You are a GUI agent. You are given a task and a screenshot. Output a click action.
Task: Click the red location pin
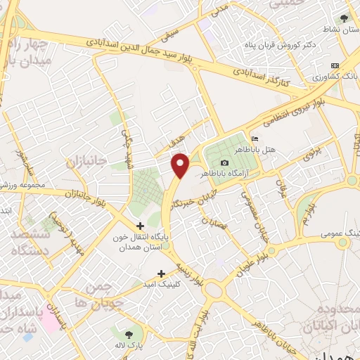pos(181,165)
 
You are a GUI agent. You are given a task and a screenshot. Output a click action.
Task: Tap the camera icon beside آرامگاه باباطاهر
pos(224,163)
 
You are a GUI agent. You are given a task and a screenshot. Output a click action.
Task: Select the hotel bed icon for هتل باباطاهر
pos(255,139)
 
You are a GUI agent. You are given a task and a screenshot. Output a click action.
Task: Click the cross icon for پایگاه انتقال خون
pos(140,226)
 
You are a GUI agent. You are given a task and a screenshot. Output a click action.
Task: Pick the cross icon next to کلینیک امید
pos(161,273)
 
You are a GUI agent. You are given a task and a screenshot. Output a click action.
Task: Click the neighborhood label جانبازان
pos(86,163)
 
